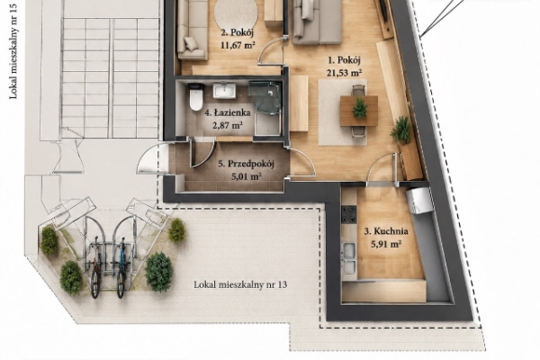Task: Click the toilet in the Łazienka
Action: point(196,97)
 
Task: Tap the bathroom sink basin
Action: point(224,91)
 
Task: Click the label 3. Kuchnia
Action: point(386,231)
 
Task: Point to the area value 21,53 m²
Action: point(344,73)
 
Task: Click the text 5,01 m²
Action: point(246,176)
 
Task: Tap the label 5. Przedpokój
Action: point(246,164)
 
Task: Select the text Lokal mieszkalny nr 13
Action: point(240,285)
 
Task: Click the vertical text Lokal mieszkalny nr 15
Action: point(13,49)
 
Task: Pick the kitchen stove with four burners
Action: point(349,214)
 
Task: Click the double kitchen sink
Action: point(349,258)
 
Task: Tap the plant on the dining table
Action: point(359,108)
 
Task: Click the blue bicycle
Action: point(121,267)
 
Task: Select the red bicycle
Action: point(95,267)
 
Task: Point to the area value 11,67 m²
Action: point(238,45)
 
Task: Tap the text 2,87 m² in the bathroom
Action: point(227,125)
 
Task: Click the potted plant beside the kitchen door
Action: point(401,130)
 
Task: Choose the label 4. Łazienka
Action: point(228,112)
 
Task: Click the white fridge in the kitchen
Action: point(419,201)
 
